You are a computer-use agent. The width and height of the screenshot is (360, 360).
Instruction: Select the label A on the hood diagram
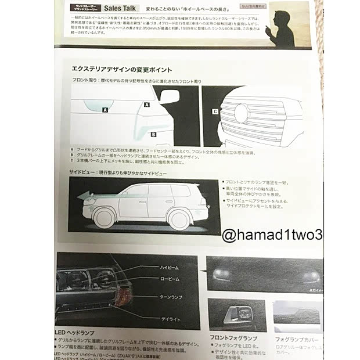pos(105,109)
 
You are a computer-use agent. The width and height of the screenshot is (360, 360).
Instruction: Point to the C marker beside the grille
pos(215,111)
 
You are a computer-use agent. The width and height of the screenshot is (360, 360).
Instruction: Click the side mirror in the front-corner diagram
pos(169,97)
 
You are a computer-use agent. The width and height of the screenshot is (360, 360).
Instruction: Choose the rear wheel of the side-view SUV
pos(178,219)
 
